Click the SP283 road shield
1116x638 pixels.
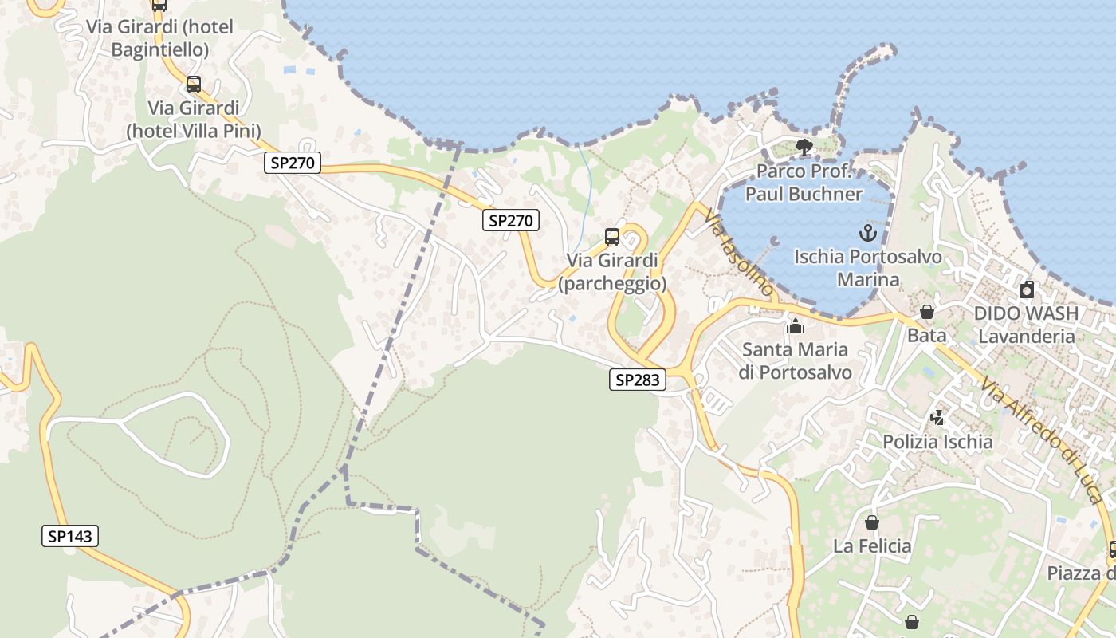[638, 380]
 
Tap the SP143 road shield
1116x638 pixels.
[70, 536]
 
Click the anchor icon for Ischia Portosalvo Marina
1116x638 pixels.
[867, 234]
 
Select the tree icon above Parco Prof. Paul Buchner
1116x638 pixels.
[804, 148]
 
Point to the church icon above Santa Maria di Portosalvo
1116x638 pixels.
[795, 326]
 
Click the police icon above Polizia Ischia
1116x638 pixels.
[937, 417]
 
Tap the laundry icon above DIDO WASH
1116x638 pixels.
[1027, 289]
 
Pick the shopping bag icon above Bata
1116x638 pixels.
[926, 312]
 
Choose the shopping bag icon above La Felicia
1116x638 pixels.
[872, 522]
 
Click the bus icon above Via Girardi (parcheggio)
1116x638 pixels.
[612, 237]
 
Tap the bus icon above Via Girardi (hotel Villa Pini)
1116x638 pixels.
[194, 85]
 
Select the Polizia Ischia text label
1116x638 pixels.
[937, 441]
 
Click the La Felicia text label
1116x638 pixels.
[872, 546]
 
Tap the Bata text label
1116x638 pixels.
[927, 335]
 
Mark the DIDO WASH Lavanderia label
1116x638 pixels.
[1026, 325]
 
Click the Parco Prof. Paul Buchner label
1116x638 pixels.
[804, 183]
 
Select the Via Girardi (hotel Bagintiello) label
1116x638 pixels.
[160, 38]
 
